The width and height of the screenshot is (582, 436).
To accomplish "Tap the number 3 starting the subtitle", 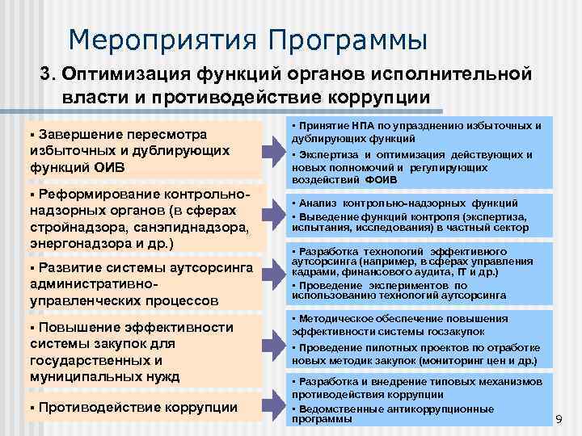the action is (x=47, y=74).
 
